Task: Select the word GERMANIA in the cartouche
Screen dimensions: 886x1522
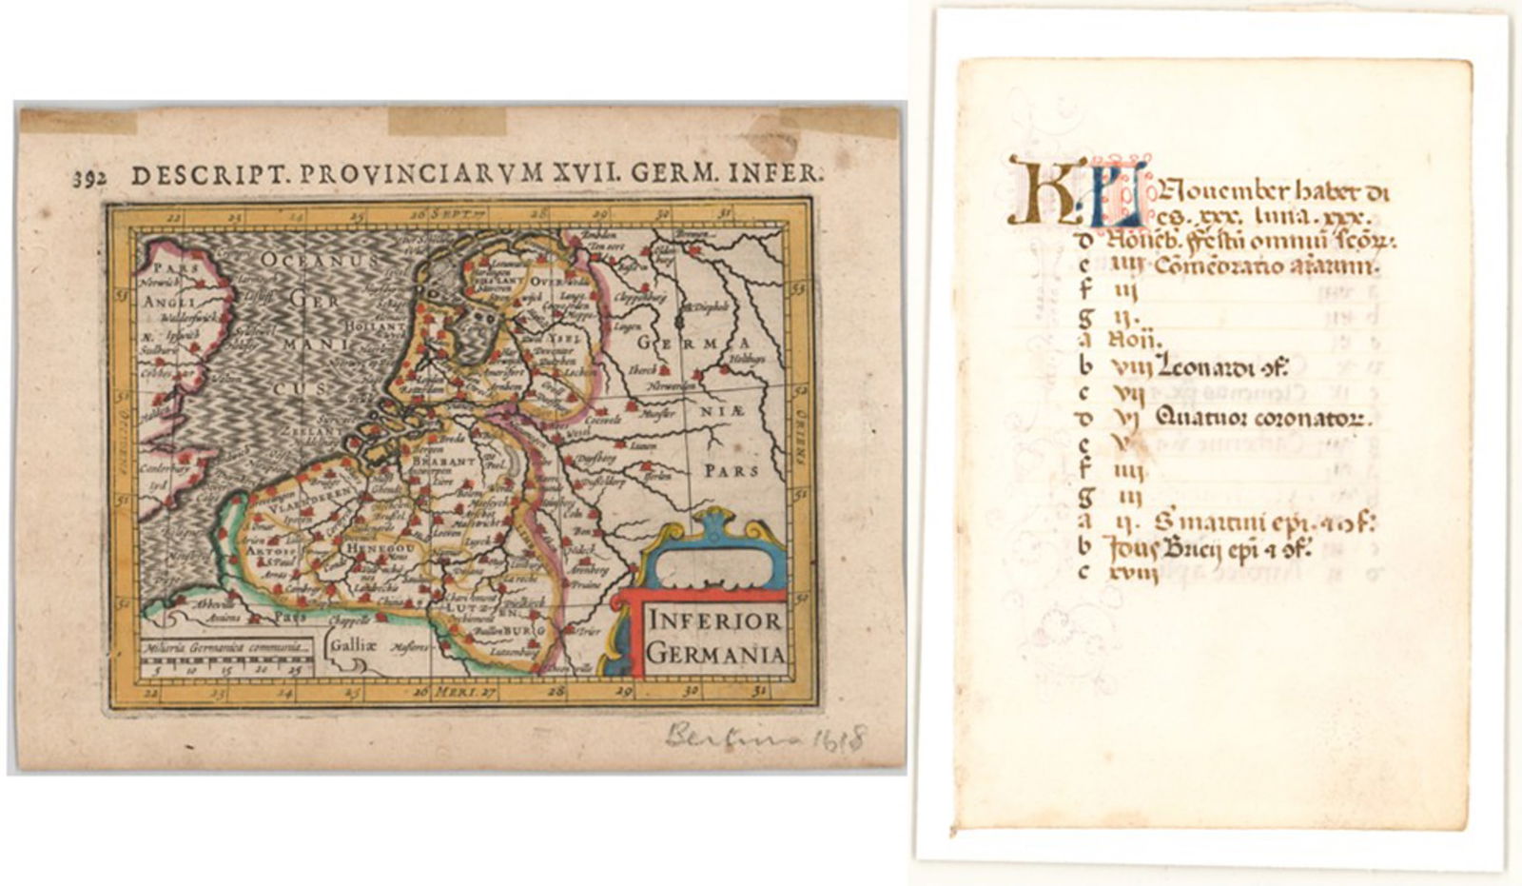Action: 714,655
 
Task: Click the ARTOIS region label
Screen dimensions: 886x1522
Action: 262,550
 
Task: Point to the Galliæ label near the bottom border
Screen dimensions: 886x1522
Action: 351,643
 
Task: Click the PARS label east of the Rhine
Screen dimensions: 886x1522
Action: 731,470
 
